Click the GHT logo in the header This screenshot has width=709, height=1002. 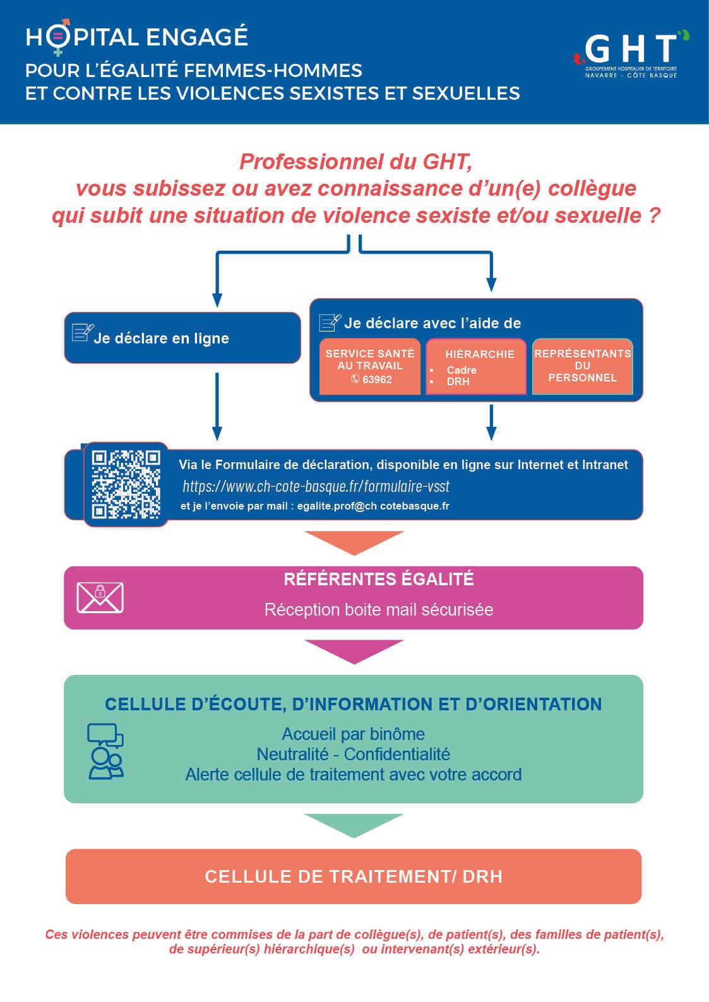tap(631, 54)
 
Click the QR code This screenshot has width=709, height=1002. tap(126, 484)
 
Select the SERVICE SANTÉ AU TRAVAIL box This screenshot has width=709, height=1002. tap(370, 366)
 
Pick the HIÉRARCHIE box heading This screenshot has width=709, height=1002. tap(480, 354)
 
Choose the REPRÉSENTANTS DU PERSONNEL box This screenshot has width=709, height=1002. tap(582, 366)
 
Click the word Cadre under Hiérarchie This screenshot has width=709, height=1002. tap(461, 370)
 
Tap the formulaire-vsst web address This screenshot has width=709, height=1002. tap(316, 486)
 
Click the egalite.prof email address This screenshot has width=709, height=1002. tap(373, 506)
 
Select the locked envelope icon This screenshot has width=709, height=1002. tap(100, 597)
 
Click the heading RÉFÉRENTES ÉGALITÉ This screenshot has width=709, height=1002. tap(378, 579)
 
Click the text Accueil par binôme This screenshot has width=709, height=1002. tap(354, 734)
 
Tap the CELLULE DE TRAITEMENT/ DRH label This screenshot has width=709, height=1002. tap(354, 876)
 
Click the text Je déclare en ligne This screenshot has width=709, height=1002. tap(161, 338)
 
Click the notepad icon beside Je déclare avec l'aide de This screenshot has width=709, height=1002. tap(330, 323)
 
